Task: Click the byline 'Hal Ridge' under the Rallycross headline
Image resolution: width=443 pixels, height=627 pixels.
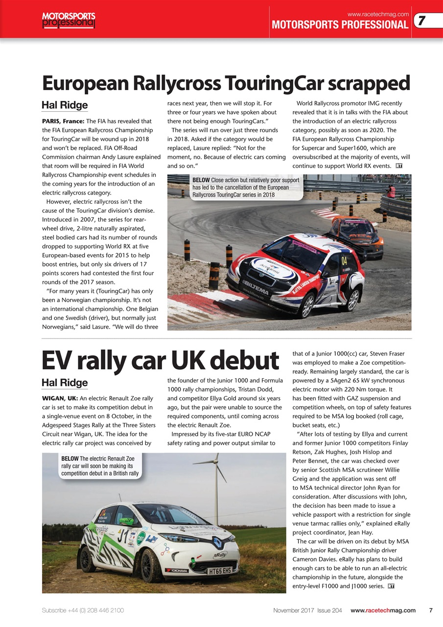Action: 65,105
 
